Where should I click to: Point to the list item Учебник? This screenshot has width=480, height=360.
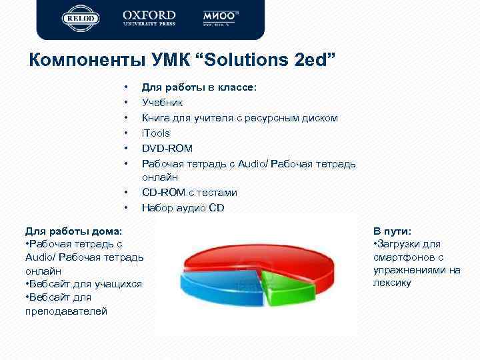tap(161, 103)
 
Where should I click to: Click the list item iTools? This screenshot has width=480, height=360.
tap(155, 133)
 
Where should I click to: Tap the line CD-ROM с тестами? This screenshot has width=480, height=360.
tap(189, 193)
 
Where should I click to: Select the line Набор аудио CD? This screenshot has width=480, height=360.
tap(183, 208)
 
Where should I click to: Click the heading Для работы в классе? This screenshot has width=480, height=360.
tap(199, 87)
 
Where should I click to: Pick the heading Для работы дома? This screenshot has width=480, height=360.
tap(73, 231)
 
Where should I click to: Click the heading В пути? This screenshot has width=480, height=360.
tap(392, 231)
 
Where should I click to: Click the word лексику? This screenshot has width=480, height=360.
tap(392, 283)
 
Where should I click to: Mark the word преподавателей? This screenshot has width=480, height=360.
tap(65, 311)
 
